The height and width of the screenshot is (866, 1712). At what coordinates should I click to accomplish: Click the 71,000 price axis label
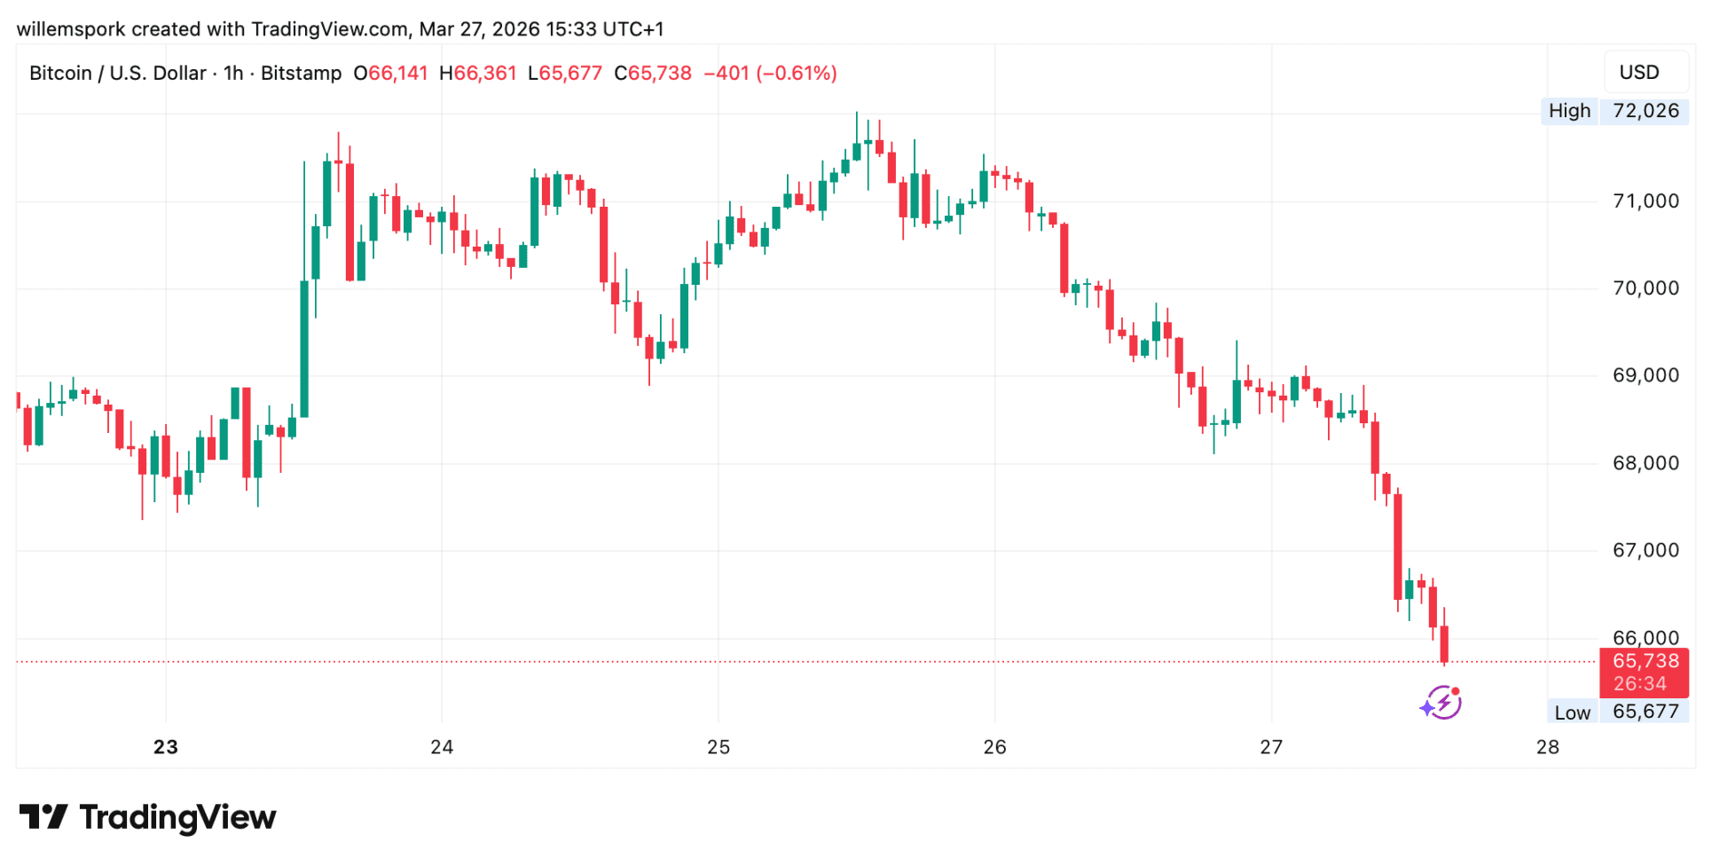tap(1645, 201)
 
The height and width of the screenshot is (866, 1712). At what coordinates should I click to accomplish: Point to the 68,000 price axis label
tap(1645, 463)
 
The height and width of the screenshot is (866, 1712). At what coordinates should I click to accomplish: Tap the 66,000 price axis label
tap(1645, 637)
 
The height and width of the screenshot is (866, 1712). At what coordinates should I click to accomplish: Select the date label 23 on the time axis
tap(166, 747)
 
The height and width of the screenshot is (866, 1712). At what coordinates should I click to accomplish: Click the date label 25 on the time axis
tap(719, 747)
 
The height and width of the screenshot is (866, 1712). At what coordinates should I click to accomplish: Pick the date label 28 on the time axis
tap(1548, 747)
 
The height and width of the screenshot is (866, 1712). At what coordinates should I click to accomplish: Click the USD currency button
tap(1639, 73)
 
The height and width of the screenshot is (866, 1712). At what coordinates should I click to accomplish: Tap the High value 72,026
tap(1645, 111)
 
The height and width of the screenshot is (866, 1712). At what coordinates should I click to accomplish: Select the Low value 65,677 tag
tap(1645, 712)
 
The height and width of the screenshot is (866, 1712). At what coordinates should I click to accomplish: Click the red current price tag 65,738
tap(1645, 661)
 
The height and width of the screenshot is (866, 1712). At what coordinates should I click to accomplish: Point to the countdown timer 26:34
tap(1640, 684)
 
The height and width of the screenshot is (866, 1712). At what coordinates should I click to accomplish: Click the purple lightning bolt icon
tap(1441, 704)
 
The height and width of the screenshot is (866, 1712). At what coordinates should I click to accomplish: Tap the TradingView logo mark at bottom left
tap(43, 817)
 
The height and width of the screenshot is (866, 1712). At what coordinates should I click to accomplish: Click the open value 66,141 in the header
tap(397, 73)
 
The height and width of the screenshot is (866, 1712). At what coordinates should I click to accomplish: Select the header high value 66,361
tap(484, 73)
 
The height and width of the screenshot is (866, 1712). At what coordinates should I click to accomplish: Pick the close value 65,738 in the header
tap(659, 73)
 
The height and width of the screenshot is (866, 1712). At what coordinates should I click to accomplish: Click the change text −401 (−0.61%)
tap(770, 73)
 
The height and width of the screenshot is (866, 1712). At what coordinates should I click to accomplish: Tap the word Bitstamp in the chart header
tap(301, 73)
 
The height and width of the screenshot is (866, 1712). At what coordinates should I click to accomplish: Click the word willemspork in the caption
tap(71, 29)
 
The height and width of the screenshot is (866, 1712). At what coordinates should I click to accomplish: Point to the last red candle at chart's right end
tap(1444, 643)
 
